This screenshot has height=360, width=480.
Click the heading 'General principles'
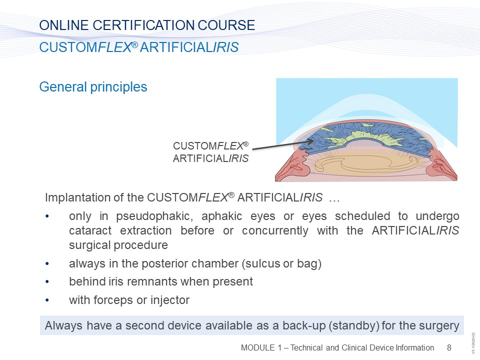coord(93,87)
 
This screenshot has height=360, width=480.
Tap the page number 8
coord(449,347)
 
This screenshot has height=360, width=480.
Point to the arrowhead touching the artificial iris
coord(310,141)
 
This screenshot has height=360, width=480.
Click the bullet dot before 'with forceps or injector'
coord(47,300)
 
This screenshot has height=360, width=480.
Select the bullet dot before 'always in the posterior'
coord(47,264)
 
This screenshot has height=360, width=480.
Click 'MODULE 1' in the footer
coord(261,348)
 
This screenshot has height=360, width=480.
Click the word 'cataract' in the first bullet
coord(90,230)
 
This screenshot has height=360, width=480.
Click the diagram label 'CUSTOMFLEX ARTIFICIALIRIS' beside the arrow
coord(210,152)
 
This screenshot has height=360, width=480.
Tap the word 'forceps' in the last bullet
coord(113,300)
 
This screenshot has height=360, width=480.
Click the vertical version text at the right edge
coord(473,343)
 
